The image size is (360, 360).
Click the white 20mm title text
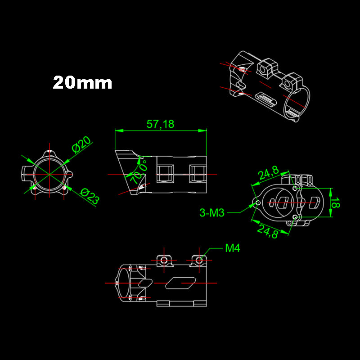coord(82,83)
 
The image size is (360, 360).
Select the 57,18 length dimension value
coord(160,124)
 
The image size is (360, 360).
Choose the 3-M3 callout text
coord(211,213)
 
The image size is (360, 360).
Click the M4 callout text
coord(233,248)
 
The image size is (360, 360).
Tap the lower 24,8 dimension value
coord(268,231)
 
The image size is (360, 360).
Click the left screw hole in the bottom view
coord(164,260)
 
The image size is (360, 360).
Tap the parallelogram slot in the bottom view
coord(180,283)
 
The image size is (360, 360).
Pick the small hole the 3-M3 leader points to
coord(257,203)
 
